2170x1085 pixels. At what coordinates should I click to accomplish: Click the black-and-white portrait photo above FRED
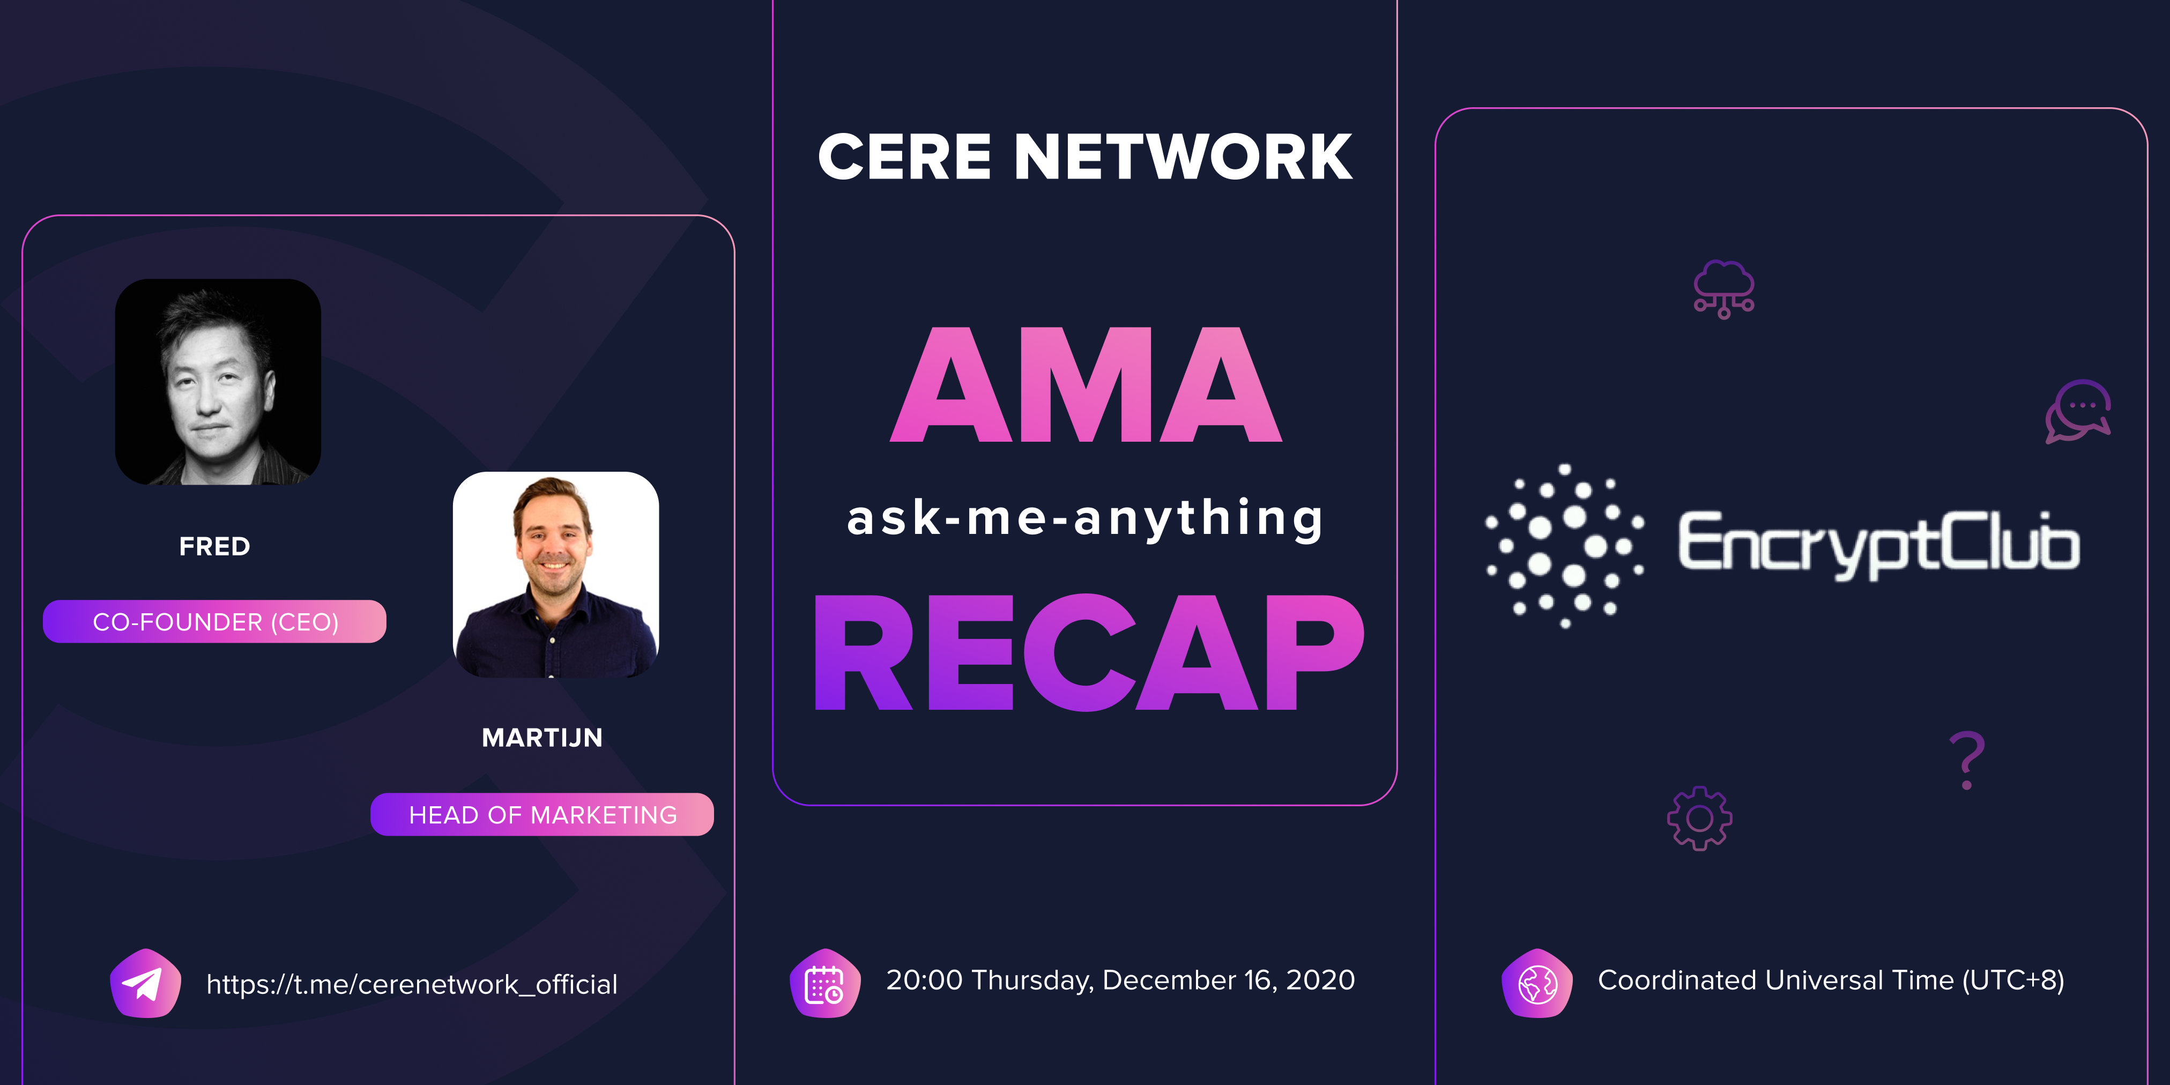[x=217, y=382]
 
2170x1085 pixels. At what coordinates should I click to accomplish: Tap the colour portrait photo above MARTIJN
[x=556, y=575]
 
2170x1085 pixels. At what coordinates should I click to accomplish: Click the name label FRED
[x=215, y=547]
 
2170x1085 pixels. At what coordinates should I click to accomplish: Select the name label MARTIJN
[x=541, y=738]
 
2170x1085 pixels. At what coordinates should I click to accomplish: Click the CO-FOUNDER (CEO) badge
[x=215, y=622]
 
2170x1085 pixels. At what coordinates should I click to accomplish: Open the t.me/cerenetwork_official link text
[x=412, y=984]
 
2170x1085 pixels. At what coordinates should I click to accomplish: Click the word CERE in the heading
[x=905, y=158]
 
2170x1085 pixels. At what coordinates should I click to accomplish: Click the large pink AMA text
[x=1086, y=386]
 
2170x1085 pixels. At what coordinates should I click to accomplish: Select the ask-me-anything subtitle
[x=1085, y=518]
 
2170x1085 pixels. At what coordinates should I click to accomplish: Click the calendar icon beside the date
[x=824, y=983]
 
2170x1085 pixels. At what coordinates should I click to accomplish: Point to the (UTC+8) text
[x=2013, y=980]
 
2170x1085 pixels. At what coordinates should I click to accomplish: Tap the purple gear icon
[x=1699, y=818]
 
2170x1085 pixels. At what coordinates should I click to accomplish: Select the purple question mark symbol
[x=1967, y=761]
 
